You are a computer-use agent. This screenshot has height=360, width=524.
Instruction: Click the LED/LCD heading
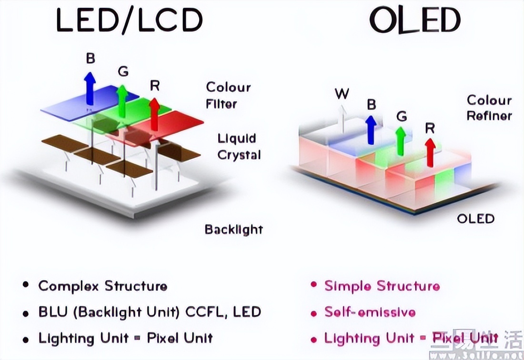[x=129, y=20]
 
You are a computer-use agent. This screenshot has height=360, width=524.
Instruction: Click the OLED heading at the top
[x=415, y=20]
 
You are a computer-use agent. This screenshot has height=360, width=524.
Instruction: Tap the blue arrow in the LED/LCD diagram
[x=89, y=88]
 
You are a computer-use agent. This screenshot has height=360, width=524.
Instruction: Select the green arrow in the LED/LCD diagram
[x=122, y=97]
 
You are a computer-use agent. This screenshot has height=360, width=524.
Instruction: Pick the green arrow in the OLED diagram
[x=401, y=140]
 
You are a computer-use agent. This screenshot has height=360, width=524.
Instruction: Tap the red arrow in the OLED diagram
[x=431, y=151]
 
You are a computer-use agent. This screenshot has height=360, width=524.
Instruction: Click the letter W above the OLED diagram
[x=342, y=94]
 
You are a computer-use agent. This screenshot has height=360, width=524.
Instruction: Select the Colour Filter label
[x=228, y=95]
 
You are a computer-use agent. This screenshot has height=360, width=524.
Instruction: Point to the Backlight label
[x=233, y=230]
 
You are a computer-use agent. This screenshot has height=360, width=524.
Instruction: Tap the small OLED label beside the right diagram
[x=475, y=219]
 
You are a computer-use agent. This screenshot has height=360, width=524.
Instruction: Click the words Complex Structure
[x=102, y=286]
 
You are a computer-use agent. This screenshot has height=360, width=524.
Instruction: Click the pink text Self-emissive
[x=370, y=312]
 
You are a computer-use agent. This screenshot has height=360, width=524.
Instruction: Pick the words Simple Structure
[x=382, y=286]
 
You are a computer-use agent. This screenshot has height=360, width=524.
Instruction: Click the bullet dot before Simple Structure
[x=313, y=285]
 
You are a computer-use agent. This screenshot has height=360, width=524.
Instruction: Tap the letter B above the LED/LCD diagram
[x=90, y=59]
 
